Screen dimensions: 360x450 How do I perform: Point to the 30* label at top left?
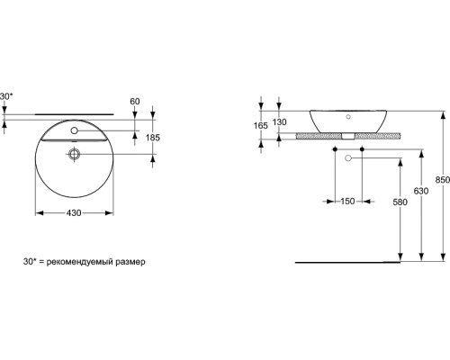7,95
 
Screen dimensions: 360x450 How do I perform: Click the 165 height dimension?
261,126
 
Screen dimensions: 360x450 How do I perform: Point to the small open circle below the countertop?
347,157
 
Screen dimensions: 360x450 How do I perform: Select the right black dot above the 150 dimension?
362,148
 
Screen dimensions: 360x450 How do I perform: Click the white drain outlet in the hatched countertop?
346,138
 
